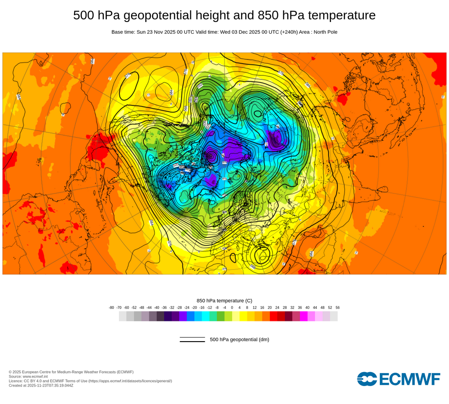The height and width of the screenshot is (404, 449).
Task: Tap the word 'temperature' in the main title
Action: coord(339,15)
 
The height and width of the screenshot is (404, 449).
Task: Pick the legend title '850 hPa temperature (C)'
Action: coord(224,300)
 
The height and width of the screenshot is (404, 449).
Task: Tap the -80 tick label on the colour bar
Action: coord(111,307)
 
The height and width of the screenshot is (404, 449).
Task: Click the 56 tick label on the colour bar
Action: coord(337,307)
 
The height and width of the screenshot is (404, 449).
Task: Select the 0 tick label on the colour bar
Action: coord(232,307)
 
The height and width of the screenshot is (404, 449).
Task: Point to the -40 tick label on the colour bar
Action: coord(157,307)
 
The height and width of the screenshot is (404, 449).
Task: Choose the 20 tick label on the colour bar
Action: coord(270,307)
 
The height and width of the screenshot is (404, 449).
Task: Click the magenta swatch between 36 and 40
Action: coord(304,316)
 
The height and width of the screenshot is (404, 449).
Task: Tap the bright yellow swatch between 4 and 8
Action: coord(243,316)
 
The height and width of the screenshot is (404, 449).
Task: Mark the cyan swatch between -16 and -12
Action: coord(206,316)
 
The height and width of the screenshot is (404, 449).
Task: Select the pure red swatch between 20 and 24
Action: coord(273,316)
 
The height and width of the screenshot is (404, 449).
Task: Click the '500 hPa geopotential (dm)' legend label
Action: coord(239,339)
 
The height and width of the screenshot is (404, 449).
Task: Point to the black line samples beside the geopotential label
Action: coord(192,339)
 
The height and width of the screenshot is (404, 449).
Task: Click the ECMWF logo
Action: coord(399,379)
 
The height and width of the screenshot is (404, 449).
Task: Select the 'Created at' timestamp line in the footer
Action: coord(41,385)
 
